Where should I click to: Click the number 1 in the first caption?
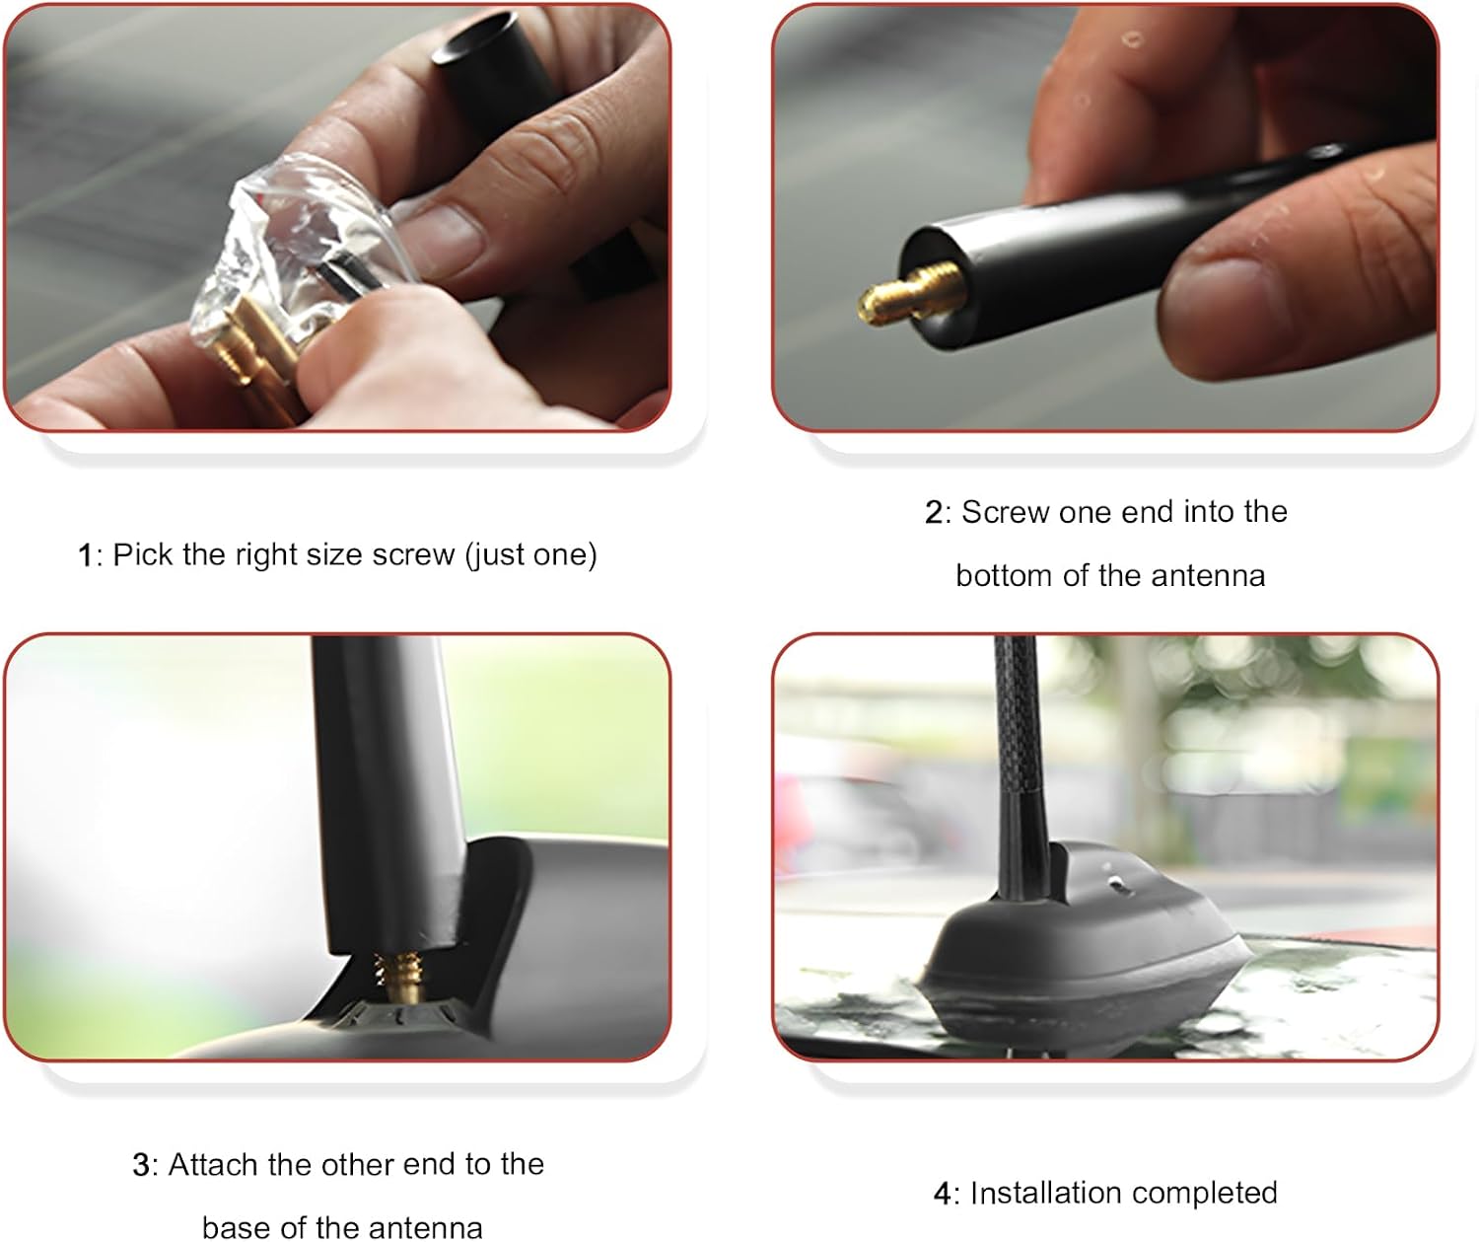pos(85,555)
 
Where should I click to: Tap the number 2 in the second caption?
pos(934,513)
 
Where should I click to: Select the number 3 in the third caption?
pos(140,1165)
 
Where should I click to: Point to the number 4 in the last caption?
pos(942,1193)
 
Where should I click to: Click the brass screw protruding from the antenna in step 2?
pos(910,294)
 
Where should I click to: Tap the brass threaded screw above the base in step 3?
pos(400,976)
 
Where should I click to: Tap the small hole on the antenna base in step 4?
pos(1115,883)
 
